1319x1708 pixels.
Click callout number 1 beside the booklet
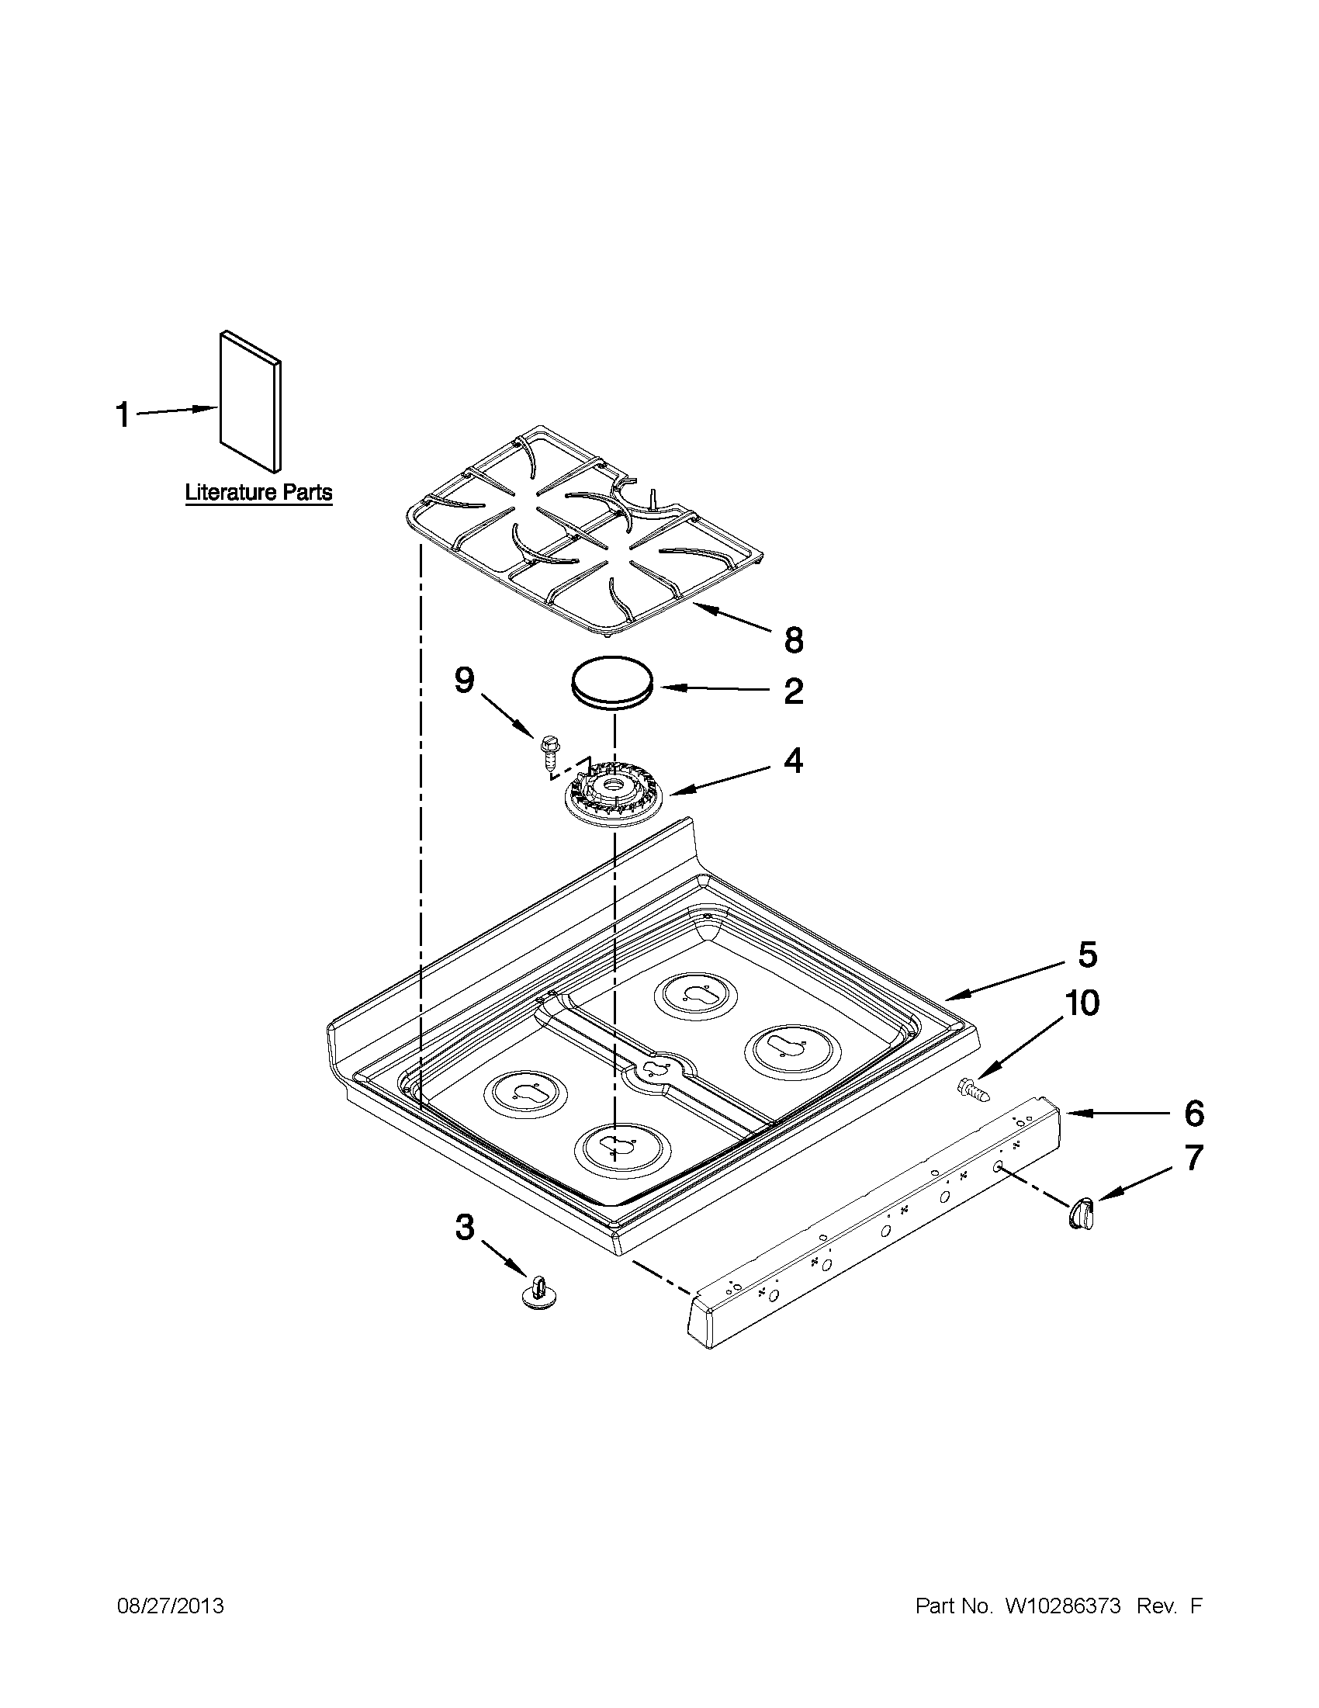point(123,414)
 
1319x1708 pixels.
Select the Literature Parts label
point(258,493)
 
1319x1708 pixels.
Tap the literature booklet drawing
point(250,400)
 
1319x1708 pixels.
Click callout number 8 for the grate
point(793,640)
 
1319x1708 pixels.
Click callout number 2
point(793,691)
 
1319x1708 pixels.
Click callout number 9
point(464,681)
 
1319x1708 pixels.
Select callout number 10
point(1082,1003)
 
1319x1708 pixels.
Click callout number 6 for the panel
point(1193,1114)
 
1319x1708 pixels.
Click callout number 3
point(465,1227)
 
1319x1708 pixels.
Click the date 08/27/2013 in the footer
point(170,1606)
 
